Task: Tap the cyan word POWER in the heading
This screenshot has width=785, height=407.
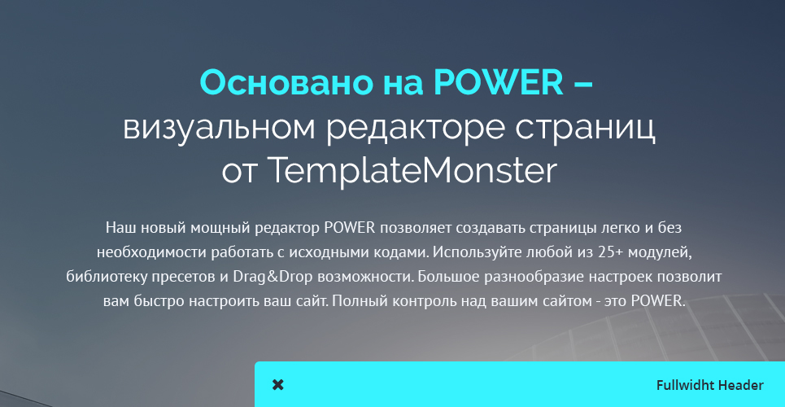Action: (x=499, y=82)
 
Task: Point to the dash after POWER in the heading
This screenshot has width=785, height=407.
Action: (x=582, y=84)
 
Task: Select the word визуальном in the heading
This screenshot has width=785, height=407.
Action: (x=220, y=129)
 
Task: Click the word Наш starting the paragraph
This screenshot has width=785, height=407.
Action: (x=120, y=228)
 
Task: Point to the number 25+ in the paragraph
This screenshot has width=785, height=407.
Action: (x=610, y=252)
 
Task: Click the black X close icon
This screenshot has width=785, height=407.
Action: (x=278, y=385)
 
